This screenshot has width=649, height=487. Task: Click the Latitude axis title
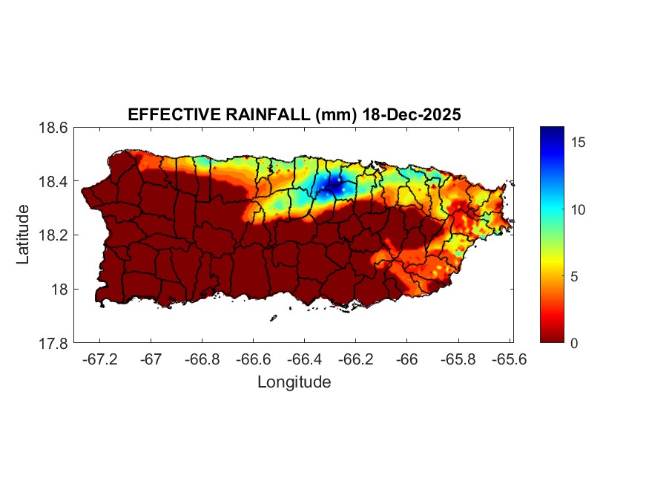tap(23, 235)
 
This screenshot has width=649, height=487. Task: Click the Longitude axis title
tap(294, 382)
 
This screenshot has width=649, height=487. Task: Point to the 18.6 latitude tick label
tap(54, 128)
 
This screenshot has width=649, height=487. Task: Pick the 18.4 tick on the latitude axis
tap(54, 182)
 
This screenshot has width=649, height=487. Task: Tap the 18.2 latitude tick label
tap(54, 235)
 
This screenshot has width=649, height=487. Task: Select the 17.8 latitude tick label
tap(54, 344)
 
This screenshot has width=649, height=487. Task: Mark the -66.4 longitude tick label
tap(303, 359)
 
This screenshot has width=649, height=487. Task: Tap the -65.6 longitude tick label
tap(506, 359)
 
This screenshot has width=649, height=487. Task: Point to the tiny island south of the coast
tap(273, 318)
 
